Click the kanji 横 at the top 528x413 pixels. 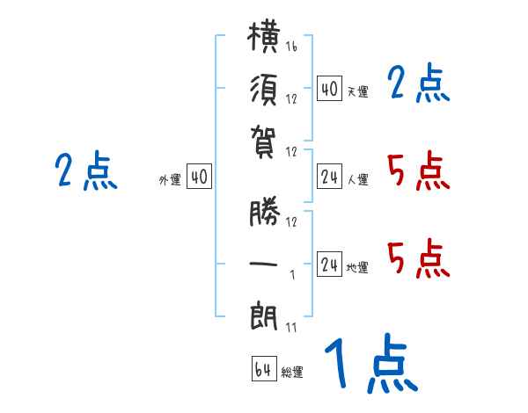[x=264, y=37]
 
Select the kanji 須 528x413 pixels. [x=264, y=91]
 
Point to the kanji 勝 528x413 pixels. [x=265, y=211]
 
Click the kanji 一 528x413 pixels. [x=263, y=264]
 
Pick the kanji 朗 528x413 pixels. [x=264, y=316]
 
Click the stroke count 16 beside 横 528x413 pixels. [x=291, y=47]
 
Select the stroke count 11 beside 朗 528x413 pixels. [x=291, y=328]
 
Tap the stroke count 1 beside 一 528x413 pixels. [x=292, y=275]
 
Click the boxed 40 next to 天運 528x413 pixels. [x=329, y=89]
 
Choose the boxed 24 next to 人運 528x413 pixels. [x=329, y=177]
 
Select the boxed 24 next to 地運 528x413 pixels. [x=329, y=264]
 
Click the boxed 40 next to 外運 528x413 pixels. [x=199, y=177]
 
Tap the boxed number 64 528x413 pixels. [x=264, y=369]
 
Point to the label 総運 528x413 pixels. [x=292, y=373]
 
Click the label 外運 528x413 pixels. [x=170, y=179]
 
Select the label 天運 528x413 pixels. [x=358, y=91]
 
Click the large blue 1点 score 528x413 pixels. [x=370, y=363]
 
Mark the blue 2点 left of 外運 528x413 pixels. [x=86, y=170]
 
